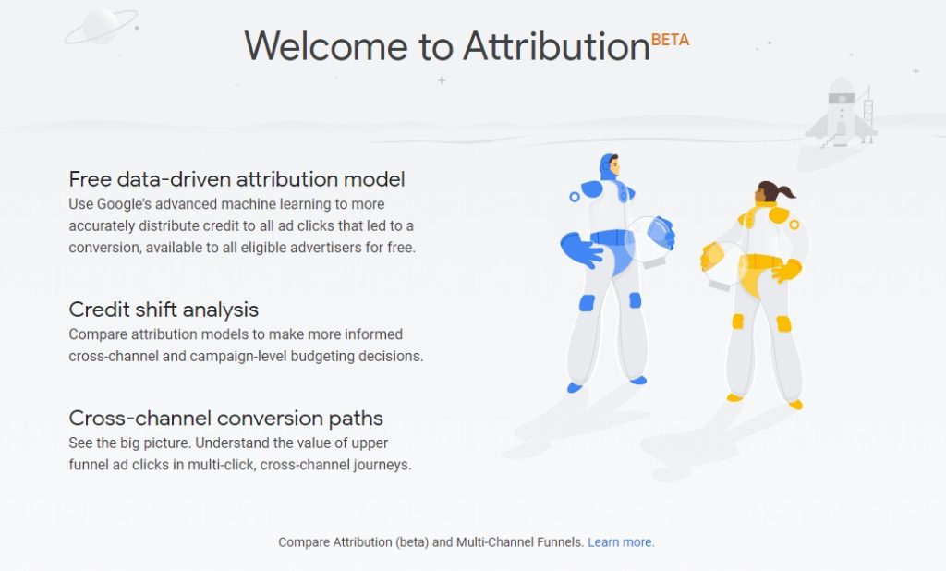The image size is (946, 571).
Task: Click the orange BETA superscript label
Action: pyautogui.click(x=670, y=40)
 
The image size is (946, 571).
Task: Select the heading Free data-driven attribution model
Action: pyautogui.click(x=236, y=178)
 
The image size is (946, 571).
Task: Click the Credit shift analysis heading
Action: pyautogui.click(x=164, y=309)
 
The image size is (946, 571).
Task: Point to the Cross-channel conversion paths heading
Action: pyautogui.click(x=225, y=418)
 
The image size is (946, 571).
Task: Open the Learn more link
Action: pyautogui.click(x=621, y=542)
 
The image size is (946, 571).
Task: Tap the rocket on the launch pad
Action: pyautogui.click(x=842, y=112)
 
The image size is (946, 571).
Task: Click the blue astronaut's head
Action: pyautogui.click(x=609, y=167)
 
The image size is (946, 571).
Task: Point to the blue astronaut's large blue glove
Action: pyautogui.click(x=579, y=249)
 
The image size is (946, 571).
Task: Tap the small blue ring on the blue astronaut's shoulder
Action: pyautogui.click(x=574, y=197)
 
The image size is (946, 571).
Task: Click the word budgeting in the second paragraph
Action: pyautogui.click(x=338, y=356)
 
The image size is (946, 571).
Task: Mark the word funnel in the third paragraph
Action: pyautogui.click(x=88, y=465)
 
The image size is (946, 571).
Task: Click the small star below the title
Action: pyautogui.click(x=442, y=80)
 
